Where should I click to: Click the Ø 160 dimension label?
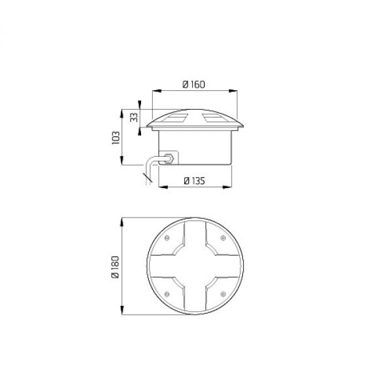tap(194, 84)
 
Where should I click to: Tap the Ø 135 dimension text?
tap(195, 180)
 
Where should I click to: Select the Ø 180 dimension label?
tap(115, 267)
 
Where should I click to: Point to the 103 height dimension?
tap(116, 137)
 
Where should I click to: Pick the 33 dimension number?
tap(134, 117)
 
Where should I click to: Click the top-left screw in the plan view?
tap(167, 238)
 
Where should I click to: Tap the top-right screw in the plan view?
tap(223, 238)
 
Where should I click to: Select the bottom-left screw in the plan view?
tap(167, 294)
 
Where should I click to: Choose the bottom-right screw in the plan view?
tap(223, 294)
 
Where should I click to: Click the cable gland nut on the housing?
tap(169, 159)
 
